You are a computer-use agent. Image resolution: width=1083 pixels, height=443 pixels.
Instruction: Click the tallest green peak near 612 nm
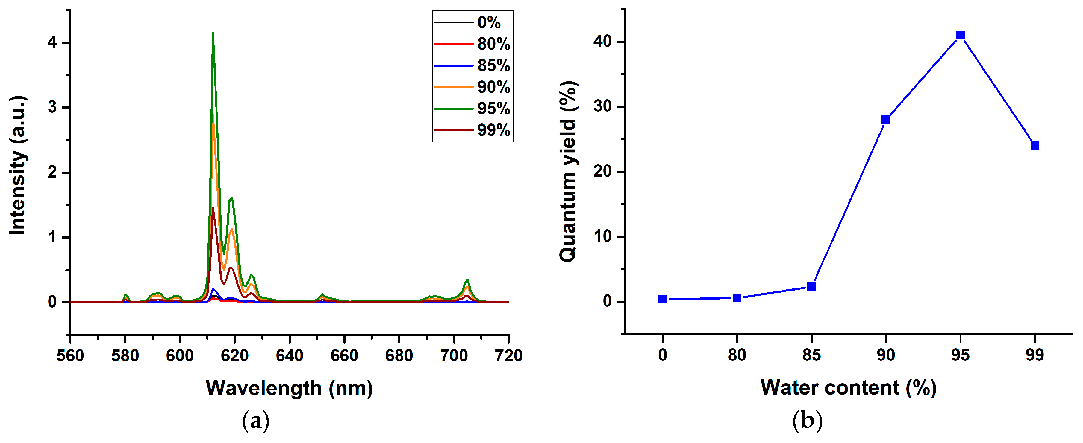click(x=213, y=33)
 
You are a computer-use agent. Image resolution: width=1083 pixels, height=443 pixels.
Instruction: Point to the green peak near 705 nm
click(x=467, y=280)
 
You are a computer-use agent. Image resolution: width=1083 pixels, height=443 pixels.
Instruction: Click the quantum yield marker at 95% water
click(x=960, y=35)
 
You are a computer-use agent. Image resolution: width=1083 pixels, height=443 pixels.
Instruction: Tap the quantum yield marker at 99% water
click(x=1035, y=146)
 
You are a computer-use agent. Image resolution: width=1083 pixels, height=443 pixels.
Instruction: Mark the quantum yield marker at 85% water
click(x=811, y=286)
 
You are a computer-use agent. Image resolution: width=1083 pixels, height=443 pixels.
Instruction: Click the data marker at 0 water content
click(x=663, y=299)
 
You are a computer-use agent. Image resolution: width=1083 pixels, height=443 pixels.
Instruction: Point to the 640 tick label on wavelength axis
click(x=289, y=356)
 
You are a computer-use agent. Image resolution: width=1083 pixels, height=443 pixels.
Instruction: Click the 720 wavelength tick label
click(x=508, y=356)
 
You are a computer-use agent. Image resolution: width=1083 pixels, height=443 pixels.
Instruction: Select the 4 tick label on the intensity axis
click(x=52, y=42)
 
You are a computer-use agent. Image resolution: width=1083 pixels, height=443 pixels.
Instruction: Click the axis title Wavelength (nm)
click(x=289, y=388)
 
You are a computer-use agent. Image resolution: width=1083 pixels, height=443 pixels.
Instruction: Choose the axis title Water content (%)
click(x=849, y=387)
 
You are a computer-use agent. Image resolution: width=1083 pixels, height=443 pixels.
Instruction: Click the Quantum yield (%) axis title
click(x=568, y=171)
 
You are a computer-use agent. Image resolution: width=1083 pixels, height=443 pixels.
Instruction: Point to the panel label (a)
click(x=256, y=421)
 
